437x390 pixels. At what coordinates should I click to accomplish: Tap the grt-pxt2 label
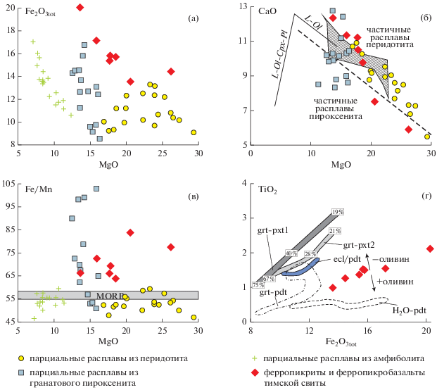[359, 245]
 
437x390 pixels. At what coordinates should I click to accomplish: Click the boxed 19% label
[337, 212]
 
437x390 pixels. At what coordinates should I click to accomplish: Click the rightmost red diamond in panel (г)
[429, 249]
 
